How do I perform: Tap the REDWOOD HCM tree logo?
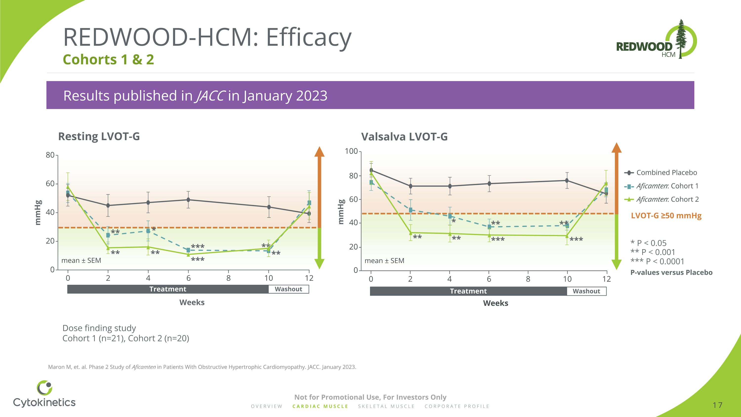(x=657, y=40)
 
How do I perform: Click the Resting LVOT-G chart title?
(x=99, y=136)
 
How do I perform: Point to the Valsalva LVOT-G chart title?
(x=404, y=137)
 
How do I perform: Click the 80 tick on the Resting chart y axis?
(x=50, y=155)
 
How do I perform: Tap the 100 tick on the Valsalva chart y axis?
(x=351, y=151)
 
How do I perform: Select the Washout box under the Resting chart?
(x=288, y=289)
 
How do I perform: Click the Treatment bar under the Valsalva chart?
(x=468, y=291)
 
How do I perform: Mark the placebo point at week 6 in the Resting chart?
(x=188, y=200)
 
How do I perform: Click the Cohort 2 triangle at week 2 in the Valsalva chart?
(x=411, y=233)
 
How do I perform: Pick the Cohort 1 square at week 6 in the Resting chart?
(x=188, y=250)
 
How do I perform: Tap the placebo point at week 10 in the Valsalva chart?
(x=567, y=180)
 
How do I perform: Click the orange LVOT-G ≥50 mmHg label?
(x=666, y=216)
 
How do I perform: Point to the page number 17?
(x=718, y=405)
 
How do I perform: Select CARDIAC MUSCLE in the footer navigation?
(x=320, y=406)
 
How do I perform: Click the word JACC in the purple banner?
(x=210, y=96)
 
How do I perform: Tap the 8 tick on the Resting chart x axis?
(x=228, y=278)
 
